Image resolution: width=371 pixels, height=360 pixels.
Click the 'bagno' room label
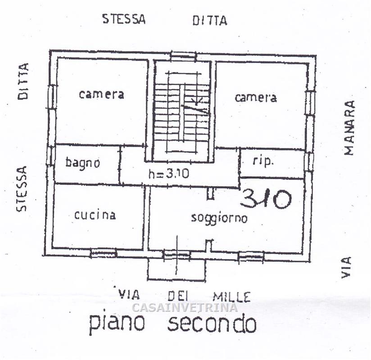(x=82, y=163)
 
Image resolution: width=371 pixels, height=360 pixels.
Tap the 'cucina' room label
(x=95, y=215)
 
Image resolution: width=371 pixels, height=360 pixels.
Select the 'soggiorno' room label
(x=219, y=218)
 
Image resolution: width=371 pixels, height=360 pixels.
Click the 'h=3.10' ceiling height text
(x=169, y=174)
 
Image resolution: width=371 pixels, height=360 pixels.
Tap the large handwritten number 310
(x=266, y=199)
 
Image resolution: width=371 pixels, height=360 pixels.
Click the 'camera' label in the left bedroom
(x=101, y=94)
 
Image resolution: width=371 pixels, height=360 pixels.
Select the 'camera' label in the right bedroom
(x=256, y=98)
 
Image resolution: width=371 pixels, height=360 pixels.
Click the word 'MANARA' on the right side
(x=349, y=128)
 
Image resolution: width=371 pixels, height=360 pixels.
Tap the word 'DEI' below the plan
(x=178, y=296)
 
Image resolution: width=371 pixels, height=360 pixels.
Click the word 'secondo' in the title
(x=212, y=324)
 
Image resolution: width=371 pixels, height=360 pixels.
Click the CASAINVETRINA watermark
(x=185, y=307)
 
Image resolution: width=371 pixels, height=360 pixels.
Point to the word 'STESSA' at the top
(x=124, y=19)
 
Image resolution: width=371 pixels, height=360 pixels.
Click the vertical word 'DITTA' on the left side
(x=23, y=81)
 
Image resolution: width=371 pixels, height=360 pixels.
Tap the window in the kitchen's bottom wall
(x=104, y=253)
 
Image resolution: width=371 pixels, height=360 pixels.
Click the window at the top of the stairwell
(x=183, y=56)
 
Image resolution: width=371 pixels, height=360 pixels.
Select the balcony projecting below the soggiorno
(x=176, y=269)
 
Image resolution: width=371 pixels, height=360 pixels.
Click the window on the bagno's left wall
(x=51, y=156)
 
